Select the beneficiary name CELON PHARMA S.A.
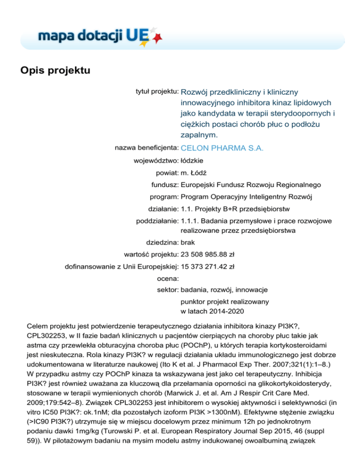tap(222, 149)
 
